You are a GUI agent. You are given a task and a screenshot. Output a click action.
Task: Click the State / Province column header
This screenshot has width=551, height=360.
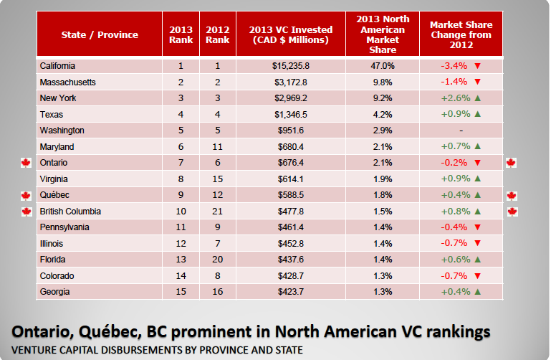pos(99,34)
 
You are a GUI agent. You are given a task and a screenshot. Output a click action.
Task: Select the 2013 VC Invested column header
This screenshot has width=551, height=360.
pos(290,34)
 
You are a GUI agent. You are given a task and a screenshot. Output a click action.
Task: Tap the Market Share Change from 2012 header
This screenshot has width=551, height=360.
pos(461,34)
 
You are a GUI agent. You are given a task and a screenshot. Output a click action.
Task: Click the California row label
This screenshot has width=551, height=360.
pos(59,66)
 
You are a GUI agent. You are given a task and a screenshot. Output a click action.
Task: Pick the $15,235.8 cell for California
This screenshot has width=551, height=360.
pos(290,66)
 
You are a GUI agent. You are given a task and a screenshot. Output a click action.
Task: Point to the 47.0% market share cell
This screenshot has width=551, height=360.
pos(382,66)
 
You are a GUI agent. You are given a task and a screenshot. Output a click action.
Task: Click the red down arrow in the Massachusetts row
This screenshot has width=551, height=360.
pos(476,82)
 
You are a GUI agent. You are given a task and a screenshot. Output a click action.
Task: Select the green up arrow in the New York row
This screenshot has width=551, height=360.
pos(476,98)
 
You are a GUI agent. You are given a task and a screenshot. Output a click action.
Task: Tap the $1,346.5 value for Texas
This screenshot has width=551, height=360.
pos(290,114)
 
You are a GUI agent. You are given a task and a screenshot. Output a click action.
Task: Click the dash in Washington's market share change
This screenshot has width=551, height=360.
pos(461,131)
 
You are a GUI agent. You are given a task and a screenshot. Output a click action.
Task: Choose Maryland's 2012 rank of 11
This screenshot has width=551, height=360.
pos(217,146)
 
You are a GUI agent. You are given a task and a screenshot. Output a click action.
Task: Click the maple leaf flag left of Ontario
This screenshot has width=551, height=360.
pos(26,163)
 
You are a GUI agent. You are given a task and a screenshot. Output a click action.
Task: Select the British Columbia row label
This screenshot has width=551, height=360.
pos(70,212)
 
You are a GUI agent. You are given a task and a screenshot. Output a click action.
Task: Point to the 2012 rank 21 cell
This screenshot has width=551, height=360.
pos(217,212)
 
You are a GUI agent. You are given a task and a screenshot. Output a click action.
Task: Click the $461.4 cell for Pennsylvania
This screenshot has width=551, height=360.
pos(290,227)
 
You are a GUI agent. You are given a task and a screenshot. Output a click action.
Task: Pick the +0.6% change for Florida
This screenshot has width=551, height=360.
pos(456,260)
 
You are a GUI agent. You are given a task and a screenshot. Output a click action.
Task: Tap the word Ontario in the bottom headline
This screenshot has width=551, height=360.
pos(42,331)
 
